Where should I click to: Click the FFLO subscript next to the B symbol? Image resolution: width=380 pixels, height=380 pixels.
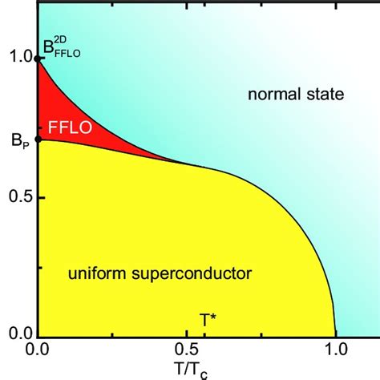(65, 56)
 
